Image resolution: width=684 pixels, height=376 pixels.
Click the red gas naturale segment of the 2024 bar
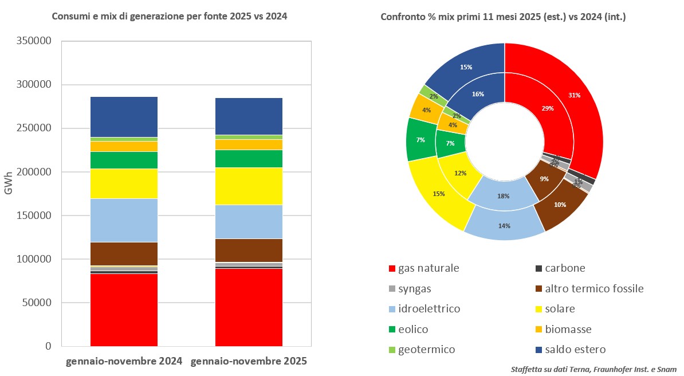[x=124, y=310]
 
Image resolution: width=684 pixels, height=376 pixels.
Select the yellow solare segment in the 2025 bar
[x=249, y=186]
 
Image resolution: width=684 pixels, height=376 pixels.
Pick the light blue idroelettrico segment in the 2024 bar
[x=124, y=220]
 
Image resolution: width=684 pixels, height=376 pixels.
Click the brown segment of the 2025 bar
[x=249, y=250]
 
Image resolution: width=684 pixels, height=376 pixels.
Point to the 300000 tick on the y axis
[x=37, y=85]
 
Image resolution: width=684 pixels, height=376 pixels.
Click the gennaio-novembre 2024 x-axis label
[x=124, y=362]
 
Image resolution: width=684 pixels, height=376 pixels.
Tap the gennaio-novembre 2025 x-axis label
[x=249, y=362]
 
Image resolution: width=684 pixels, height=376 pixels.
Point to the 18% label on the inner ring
[x=504, y=196]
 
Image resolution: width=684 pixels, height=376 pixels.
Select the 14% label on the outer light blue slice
[x=504, y=226]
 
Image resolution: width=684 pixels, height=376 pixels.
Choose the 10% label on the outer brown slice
[x=560, y=205]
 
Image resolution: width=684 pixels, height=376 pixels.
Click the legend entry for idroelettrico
[x=430, y=309]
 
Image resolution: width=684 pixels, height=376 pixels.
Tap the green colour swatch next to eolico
[x=392, y=330]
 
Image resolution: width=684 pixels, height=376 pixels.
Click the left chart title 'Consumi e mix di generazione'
[x=170, y=17]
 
